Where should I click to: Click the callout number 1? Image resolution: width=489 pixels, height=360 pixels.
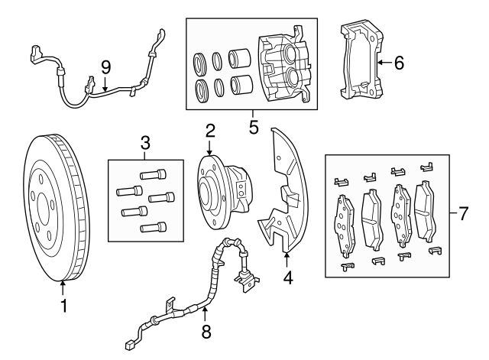[63, 306]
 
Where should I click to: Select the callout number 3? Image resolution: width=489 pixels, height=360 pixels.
[144, 142]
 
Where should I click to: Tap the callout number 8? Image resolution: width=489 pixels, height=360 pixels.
[204, 333]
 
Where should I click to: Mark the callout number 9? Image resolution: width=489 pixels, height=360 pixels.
[105, 66]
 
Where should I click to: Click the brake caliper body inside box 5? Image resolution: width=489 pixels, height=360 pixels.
[284, 67]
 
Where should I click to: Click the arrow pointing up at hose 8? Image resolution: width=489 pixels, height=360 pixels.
[204, 314]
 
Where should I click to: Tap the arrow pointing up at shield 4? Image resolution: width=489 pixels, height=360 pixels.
[286, 257]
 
